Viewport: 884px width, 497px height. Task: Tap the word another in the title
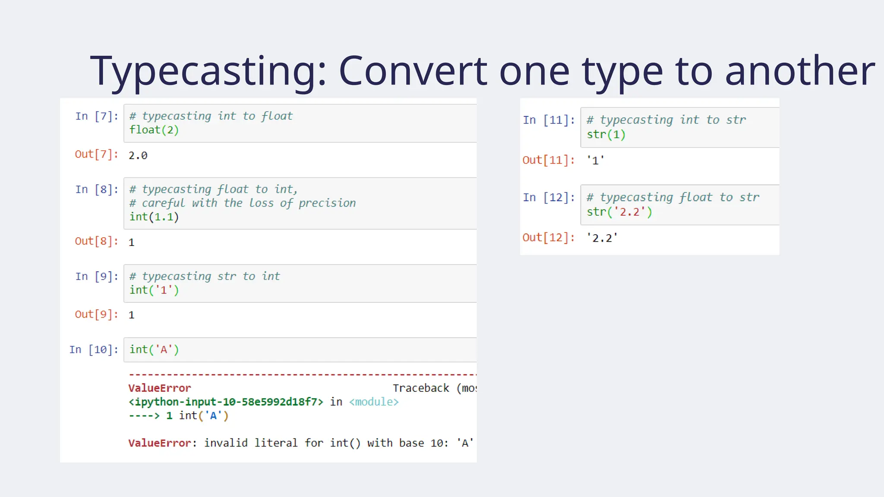(x=799, y=71)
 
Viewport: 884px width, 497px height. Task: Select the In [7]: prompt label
(x=97, y=116)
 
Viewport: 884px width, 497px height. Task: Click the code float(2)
(x=154, y=130)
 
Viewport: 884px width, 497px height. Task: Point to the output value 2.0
(x=138, y=155)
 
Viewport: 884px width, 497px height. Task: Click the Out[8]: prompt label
(x=97, y=241)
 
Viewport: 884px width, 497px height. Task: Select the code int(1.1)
(x=154, y=217)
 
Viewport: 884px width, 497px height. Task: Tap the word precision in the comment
(x=327, y=203)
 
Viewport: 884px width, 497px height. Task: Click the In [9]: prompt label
(x=97, y=276)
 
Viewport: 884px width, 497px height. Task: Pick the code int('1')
(x=154, y=290)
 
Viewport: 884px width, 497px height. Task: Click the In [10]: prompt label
(x=94, y=349)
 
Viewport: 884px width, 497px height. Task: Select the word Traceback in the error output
(x=421, y=388)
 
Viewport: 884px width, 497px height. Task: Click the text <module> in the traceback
(x=374, y=402)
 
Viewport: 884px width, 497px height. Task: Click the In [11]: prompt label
(x=549, y=120)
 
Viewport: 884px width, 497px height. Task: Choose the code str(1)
(x=606, y=135)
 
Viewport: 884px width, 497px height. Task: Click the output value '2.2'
(x=602, y=238)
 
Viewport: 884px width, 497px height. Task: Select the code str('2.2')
(x=619, y=212)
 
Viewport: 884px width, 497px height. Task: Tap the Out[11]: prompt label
(x=549, y=160)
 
